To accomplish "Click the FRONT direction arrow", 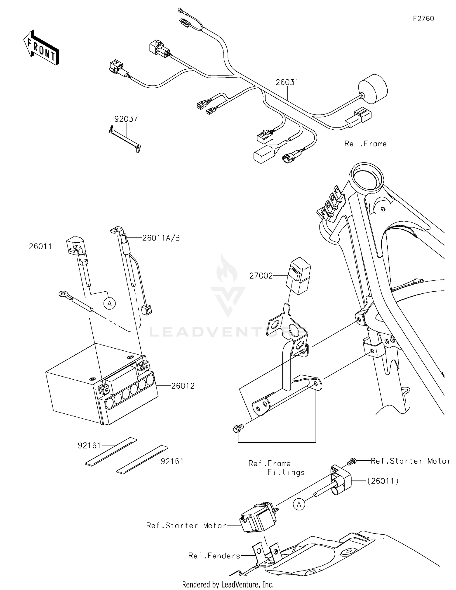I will click(41, 47).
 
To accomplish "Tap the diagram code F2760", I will click(423, 19).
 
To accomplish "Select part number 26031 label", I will click(287, 82).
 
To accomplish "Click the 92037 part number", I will click(126, 119).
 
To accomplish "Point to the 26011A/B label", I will click(161, 238).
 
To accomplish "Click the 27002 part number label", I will click(261, 276).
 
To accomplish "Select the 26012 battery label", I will click(183, 386).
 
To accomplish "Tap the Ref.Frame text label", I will click(365, 144).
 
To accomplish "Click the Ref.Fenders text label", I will click(214, 556).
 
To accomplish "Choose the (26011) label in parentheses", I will click(383, 481).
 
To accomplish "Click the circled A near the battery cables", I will click(109, 304).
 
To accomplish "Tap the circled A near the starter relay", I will click(299, 504).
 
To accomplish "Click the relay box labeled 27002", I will click(299, 276).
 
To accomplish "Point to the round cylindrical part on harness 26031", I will click(373, 89).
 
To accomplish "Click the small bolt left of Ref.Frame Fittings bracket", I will click(238, 429).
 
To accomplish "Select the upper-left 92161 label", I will click(89, 446).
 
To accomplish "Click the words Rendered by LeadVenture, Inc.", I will click(228, 585).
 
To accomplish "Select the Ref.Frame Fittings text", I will click(276, 468).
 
